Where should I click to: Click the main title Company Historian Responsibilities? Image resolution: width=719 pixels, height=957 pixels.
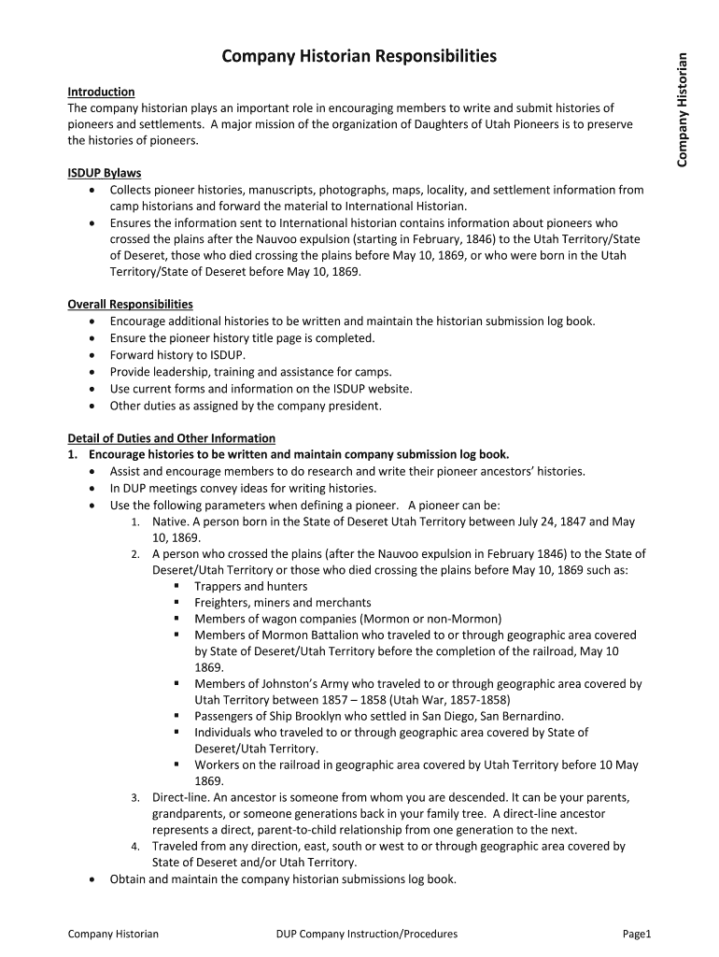359,57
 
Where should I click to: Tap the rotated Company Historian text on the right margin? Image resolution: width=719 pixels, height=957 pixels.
682,110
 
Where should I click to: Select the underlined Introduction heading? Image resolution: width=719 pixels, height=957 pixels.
101,92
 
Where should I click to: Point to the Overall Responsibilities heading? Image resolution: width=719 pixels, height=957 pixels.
130,305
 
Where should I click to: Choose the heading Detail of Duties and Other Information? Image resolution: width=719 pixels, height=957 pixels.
172,438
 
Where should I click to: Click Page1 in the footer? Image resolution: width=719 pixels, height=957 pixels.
636,934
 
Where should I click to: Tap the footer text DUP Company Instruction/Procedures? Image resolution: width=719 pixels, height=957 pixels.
367,934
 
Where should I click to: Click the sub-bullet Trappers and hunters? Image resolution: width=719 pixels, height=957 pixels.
250,586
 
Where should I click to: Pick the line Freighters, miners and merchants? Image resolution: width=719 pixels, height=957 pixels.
282,603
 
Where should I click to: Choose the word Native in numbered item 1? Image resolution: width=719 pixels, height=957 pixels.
170,521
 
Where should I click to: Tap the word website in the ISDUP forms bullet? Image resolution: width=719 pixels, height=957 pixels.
388,389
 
